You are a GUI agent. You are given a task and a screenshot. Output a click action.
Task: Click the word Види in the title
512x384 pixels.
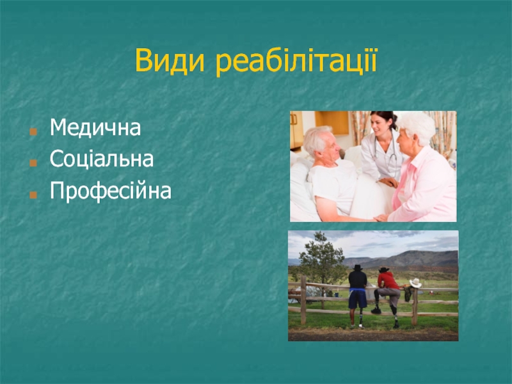(170, 61)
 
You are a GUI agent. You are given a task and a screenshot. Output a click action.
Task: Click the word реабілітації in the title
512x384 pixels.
(296, 61)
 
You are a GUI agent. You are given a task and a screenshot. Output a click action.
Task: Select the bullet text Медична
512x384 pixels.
(95, 127)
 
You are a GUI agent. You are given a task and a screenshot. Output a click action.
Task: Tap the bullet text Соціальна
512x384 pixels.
(102, 159)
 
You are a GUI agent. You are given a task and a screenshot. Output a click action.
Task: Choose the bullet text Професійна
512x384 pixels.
(110, 190)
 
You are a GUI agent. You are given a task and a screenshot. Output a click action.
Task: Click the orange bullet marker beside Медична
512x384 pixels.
(33, 132)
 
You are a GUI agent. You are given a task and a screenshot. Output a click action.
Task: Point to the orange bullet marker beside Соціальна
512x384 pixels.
(33, 163)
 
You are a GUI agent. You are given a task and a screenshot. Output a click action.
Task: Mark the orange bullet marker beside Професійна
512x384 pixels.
(33, 195)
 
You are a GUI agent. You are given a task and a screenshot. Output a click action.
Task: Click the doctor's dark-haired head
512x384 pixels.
(383, 122)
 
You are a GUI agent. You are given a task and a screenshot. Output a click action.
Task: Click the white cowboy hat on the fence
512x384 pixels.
(415, 282)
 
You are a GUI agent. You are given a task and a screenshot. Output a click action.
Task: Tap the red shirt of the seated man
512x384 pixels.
(388, 280)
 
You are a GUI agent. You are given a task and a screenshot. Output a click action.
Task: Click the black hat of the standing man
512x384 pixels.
(358, 268)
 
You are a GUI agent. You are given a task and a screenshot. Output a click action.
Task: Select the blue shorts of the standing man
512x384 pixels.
(358, 299)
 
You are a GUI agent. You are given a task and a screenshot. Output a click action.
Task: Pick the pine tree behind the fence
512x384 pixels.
(322, 258)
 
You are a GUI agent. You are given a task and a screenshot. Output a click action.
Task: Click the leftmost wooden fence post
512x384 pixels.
(303, 300)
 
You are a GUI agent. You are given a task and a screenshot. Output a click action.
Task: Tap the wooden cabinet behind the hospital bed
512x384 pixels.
(332, 122)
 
